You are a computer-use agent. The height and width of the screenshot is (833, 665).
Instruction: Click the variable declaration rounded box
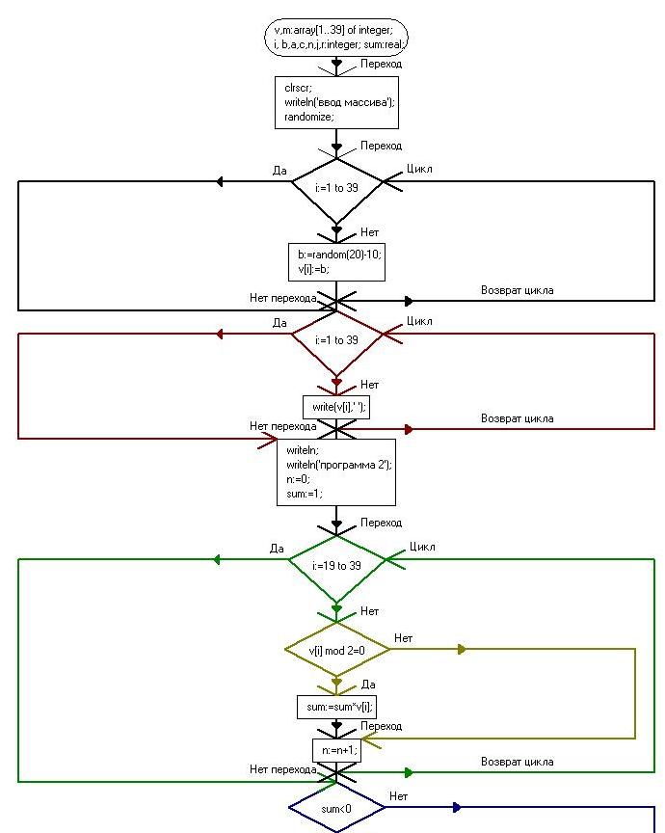click(336, 37)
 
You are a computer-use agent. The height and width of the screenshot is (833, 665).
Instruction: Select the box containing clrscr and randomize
click(336, 102)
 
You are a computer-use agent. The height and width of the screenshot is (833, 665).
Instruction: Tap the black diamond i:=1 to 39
click(336, 188)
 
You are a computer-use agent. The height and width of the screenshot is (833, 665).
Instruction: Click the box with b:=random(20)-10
click(335, 262)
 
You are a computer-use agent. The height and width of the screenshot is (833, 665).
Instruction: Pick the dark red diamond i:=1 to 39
click(336, 340)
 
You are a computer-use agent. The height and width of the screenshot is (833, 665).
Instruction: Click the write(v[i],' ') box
click(336, 408)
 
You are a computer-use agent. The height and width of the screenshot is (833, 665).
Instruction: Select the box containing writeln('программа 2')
click(336, 472)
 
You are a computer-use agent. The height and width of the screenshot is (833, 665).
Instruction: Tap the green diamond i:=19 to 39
click(336, 566)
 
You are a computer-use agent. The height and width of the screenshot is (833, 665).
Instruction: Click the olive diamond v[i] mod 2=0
click(336, 651)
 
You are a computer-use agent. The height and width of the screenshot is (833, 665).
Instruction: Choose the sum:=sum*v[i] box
click(336, 707)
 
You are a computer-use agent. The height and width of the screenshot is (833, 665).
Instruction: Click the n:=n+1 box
click(335, 750)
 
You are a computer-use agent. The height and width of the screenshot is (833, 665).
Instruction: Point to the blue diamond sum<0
click(336, 810)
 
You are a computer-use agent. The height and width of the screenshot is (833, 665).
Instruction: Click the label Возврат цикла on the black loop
click(517, 290)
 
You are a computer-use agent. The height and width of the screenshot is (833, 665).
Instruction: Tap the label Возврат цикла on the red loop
click(517, 418)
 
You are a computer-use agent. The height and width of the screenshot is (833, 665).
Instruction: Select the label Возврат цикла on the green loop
click(517, 762)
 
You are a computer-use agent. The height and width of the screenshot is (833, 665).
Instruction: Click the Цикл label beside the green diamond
click(422, 547)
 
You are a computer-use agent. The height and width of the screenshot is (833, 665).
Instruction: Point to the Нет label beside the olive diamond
click(403, 638)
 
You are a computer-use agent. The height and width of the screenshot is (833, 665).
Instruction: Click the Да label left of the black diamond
click(279, 171)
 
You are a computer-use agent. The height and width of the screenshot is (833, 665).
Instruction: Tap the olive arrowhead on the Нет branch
click(462, 650)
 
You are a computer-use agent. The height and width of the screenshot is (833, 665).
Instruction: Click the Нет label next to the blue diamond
click(398, 796)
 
